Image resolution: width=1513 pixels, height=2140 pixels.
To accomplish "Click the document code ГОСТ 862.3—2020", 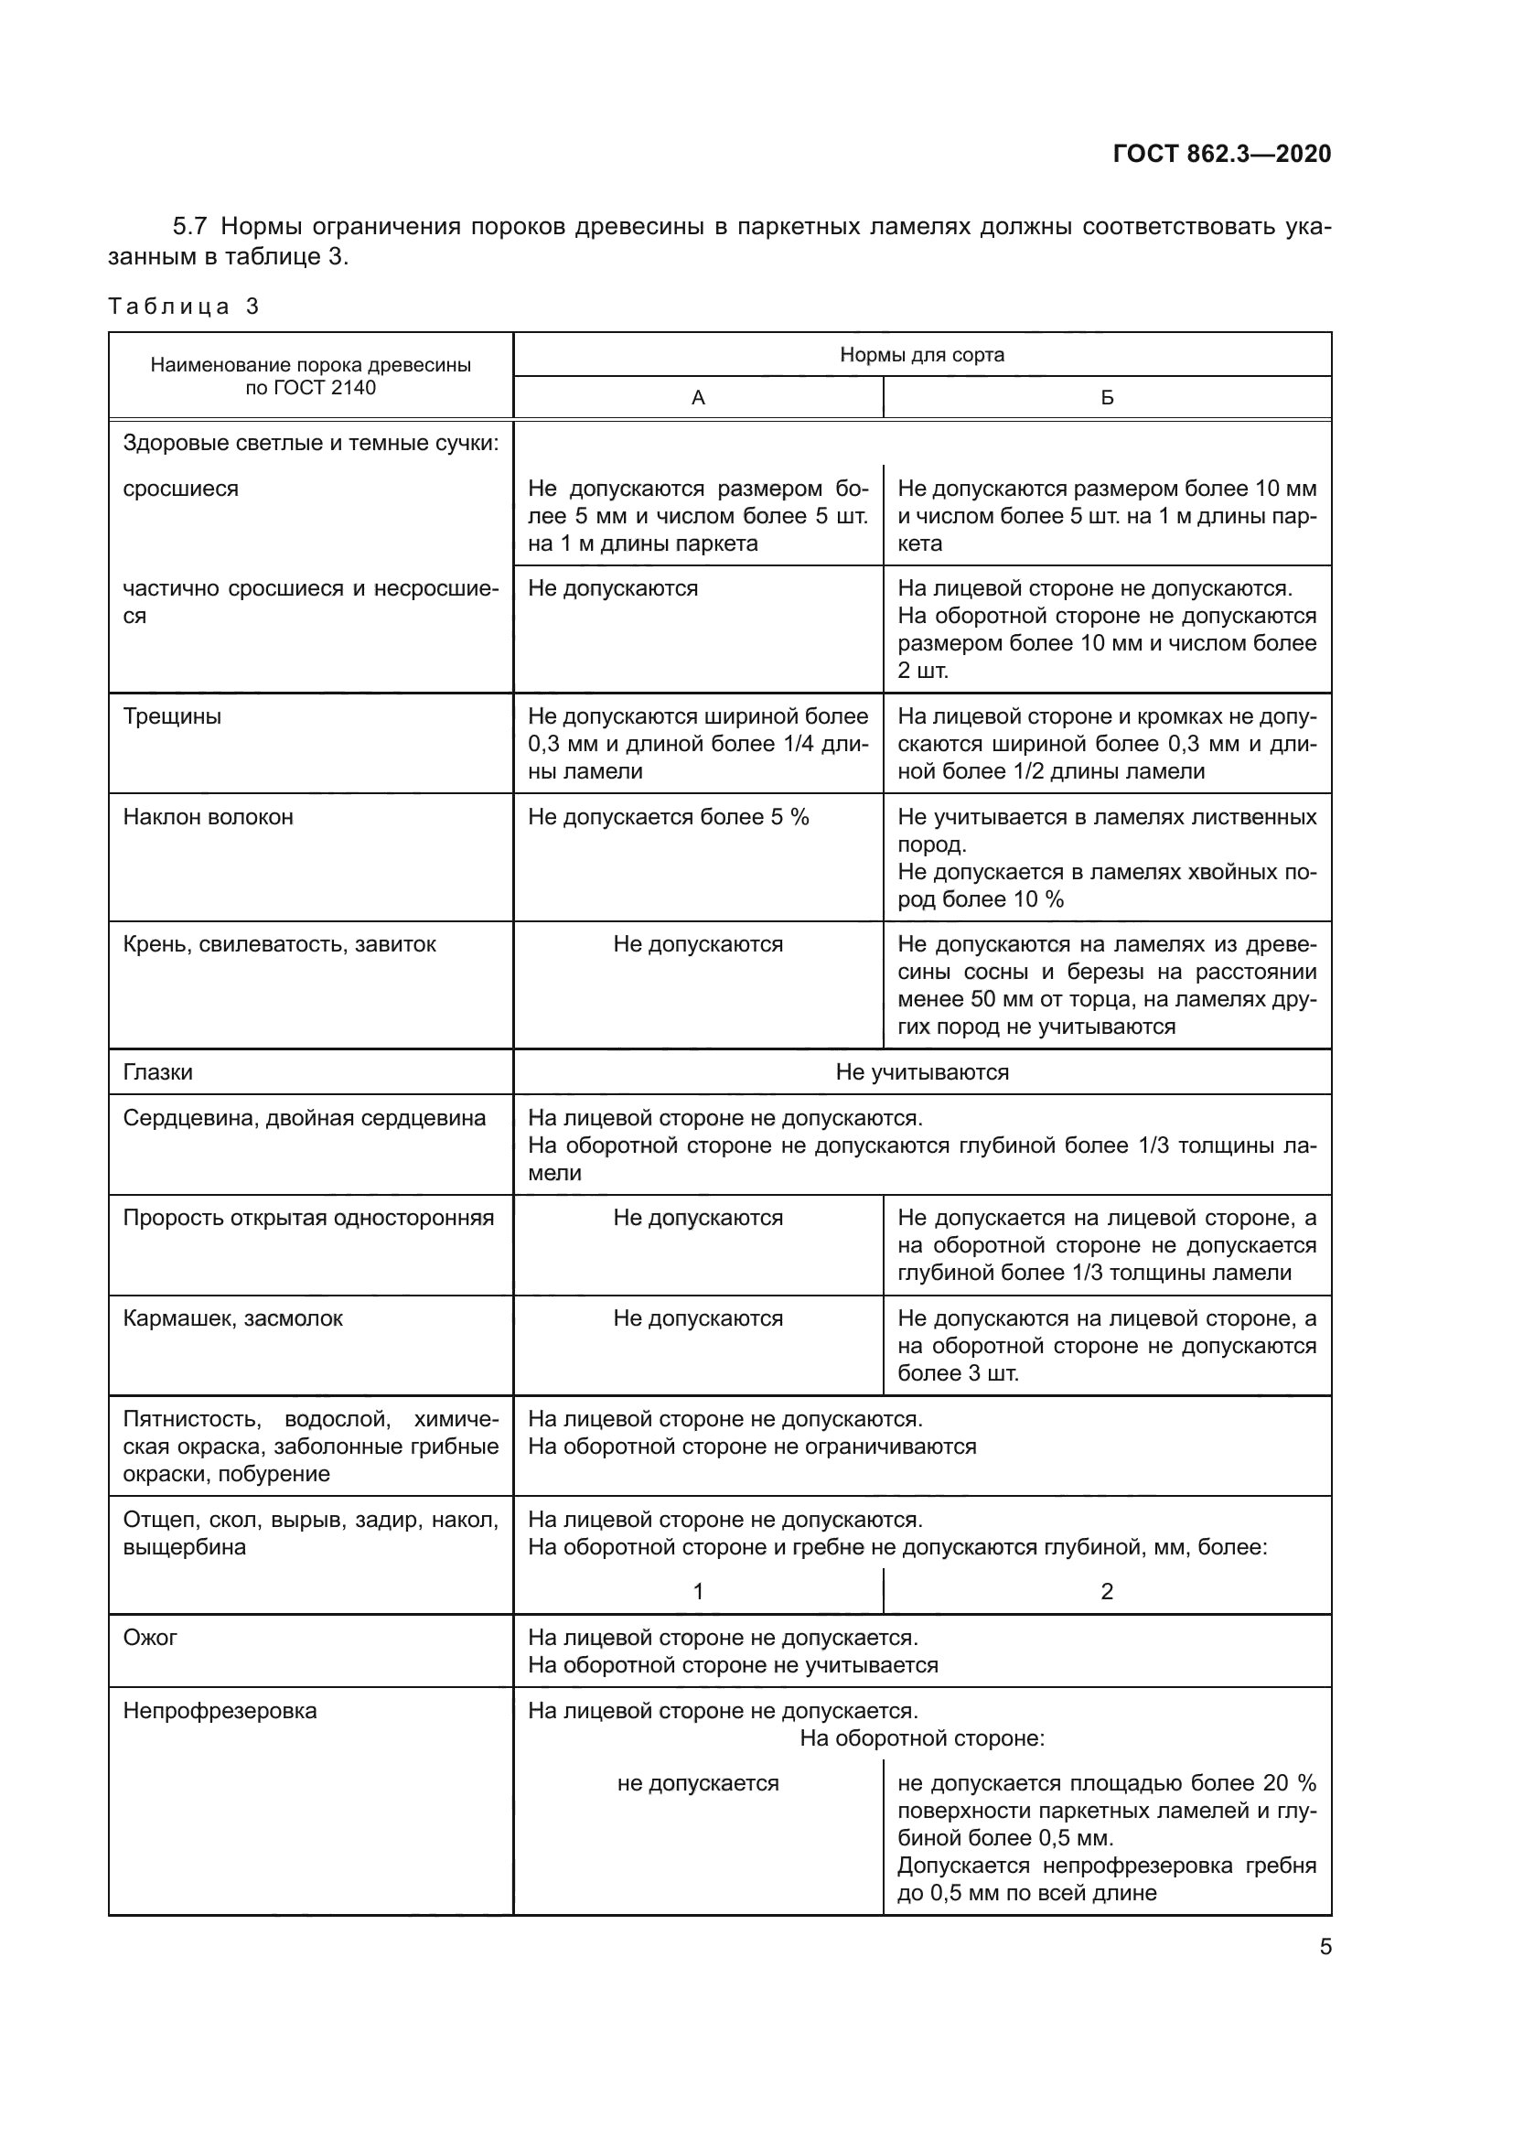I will click(1221, 154).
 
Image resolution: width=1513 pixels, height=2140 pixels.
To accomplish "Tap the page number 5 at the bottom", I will click(1325, 1947).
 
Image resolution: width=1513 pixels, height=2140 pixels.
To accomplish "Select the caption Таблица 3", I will click(184, 306).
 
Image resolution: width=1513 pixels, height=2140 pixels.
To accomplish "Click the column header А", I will click(698, 398).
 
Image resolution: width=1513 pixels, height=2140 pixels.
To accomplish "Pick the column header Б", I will click(1107, 398).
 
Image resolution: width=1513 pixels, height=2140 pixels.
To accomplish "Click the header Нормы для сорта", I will click(921, 354).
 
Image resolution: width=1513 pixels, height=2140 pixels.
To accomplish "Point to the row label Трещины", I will click(172, 715).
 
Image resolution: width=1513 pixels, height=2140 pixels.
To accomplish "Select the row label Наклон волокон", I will click(208, 816).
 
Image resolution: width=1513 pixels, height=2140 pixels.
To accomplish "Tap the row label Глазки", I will click(157, 1072).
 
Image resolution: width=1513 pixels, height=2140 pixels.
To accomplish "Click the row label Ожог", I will click(150, 1637).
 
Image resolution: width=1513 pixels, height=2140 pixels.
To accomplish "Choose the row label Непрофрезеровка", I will click(220, 1710).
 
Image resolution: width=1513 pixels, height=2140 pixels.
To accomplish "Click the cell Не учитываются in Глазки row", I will click(921, 1072).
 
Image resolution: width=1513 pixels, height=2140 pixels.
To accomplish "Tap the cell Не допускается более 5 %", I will click(668, 816).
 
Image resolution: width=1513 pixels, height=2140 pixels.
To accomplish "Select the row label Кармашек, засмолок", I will click(233, 1317).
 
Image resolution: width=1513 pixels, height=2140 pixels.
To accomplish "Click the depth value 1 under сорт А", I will click(698, 1591).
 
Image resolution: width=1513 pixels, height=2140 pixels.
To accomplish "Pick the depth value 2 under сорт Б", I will click(1107, 1591).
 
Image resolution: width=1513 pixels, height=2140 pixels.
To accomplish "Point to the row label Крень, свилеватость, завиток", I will click(280, 944).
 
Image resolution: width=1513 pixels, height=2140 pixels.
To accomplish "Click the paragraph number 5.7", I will click(191, 227).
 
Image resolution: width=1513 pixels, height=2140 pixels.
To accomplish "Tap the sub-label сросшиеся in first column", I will click(181, 489).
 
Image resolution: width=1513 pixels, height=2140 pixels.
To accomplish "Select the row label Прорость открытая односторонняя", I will click(308, 1217).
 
